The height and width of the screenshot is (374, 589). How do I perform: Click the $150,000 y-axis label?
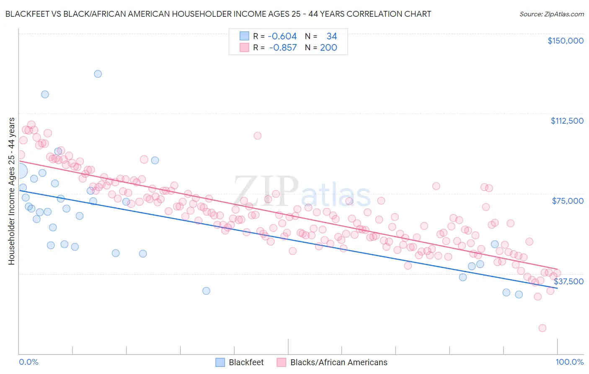click(565, 41)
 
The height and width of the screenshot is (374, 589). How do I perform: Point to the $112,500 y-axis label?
click(567, 121)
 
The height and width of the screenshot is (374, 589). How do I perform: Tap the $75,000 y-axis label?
click(568, 201)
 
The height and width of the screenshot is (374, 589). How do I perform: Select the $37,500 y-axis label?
click(568, 281)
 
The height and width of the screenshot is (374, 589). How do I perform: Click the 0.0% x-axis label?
click(28, 362)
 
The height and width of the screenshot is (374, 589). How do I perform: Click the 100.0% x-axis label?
click(569, 362)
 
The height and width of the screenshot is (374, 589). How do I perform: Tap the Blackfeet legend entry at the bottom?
click(246, 362)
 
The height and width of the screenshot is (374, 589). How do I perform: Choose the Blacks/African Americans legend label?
click(338, 362)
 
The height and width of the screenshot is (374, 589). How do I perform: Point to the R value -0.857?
click(283, 48)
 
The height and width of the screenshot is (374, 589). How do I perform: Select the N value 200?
click(328, 48)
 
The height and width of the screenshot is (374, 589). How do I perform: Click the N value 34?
click(331, 36)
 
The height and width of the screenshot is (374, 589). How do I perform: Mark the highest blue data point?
click(98, 74)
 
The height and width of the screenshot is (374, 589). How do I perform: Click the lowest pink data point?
click(542, 328)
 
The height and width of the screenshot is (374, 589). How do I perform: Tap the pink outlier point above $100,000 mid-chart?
click(257, 136)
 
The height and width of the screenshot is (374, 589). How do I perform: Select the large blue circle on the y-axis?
click(19, 171)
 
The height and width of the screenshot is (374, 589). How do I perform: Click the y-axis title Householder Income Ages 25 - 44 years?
click(11, 191)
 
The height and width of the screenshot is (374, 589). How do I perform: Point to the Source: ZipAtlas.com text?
click(551, 14)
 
